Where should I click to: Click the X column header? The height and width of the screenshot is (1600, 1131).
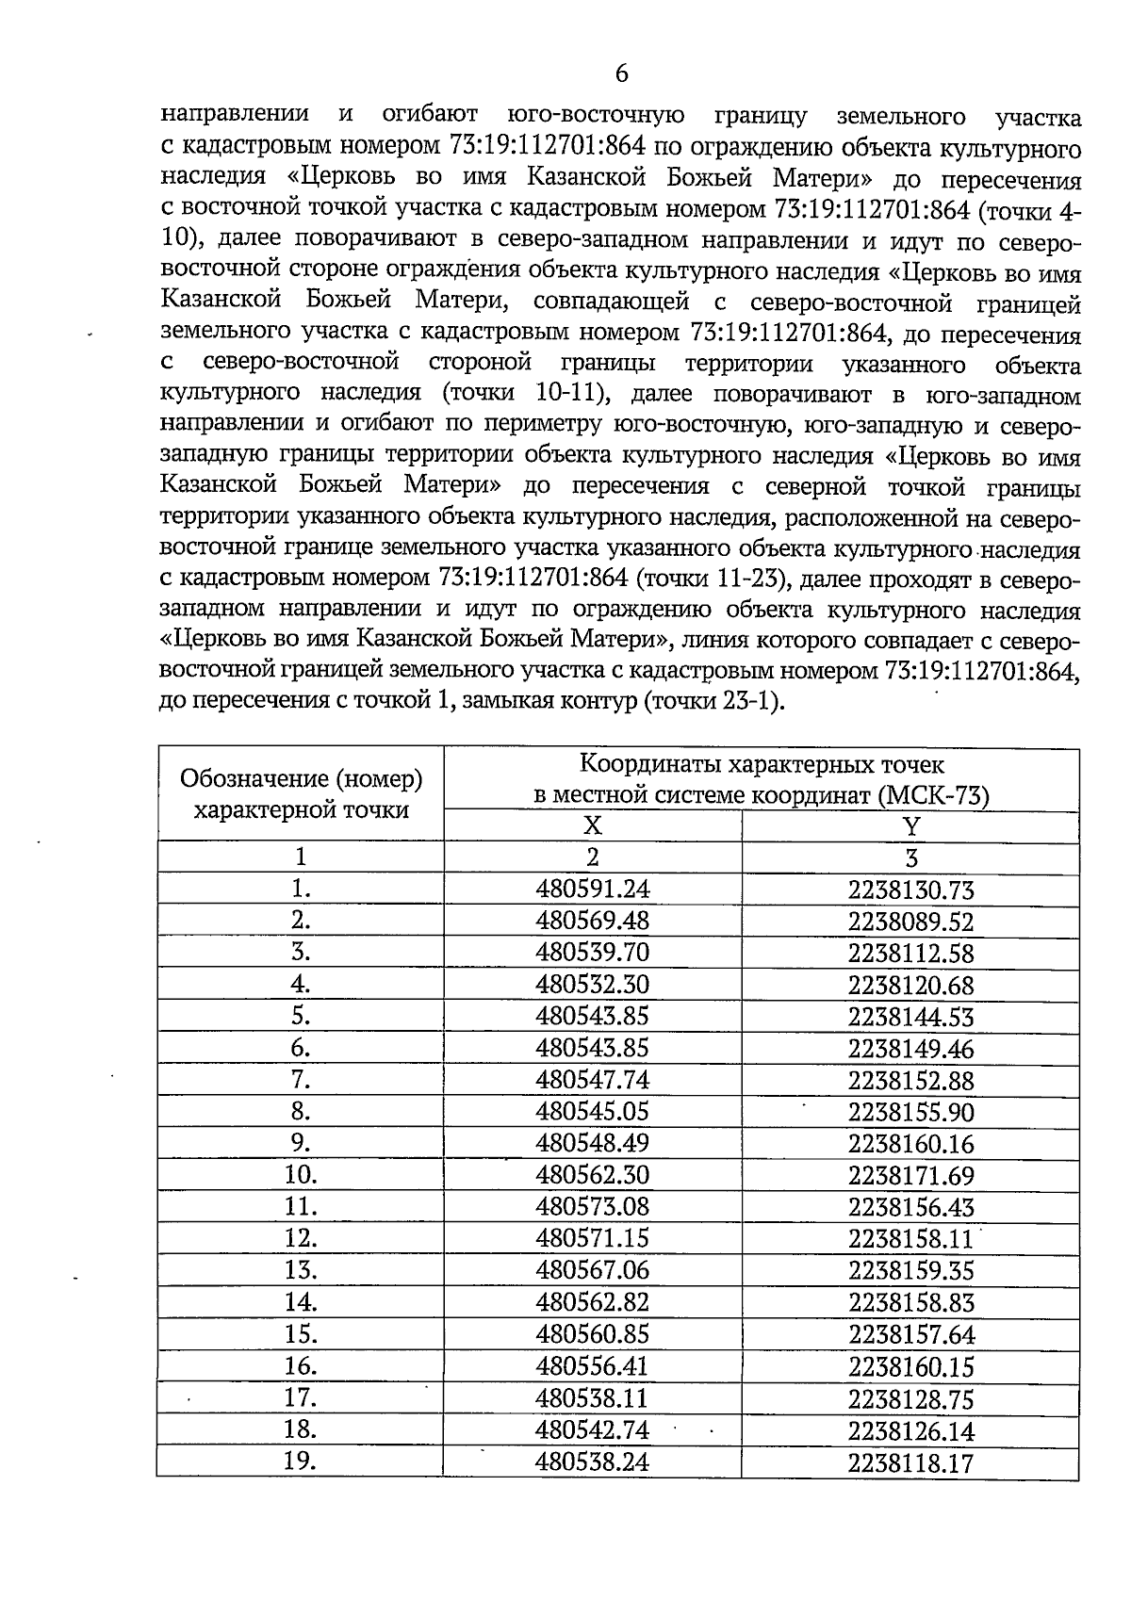(592, 825)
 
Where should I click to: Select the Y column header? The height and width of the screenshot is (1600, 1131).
(910, 826)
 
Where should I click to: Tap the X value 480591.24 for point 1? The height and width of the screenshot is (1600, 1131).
(592, 889)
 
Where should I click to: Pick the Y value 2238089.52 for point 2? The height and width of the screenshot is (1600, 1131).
(910, 922)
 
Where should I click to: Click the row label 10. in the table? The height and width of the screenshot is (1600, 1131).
(301, 1175)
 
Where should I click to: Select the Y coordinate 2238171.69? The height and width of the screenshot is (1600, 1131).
(910, 1176)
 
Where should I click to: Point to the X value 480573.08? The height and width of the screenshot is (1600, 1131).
(592, 1207)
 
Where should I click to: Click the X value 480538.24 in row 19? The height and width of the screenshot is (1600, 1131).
(592, 1461)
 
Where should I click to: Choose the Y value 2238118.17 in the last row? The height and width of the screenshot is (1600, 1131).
(910, 1463)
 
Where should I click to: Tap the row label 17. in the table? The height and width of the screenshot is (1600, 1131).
(301, 1397)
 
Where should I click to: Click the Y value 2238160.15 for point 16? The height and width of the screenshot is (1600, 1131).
(910, 1366)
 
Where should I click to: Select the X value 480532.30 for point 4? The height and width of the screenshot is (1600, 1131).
(592, 984)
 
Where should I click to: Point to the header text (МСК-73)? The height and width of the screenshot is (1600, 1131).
(933, 796)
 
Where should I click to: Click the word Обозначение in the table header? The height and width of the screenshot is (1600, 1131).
(254, 779)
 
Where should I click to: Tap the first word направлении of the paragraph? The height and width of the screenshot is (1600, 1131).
(235, 115)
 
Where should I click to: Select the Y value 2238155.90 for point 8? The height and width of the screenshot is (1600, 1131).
(910, 1113)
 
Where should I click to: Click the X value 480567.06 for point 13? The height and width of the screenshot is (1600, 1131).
(592, 1270)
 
